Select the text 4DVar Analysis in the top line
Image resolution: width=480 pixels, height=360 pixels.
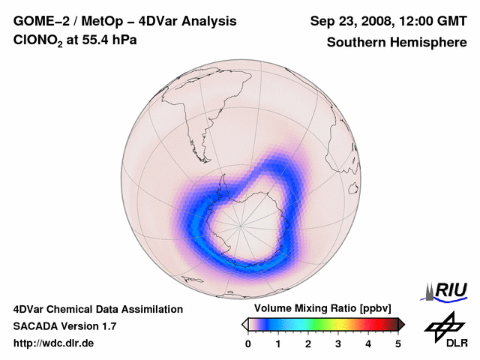click(187, 21)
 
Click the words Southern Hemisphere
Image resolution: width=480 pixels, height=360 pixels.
click(397, 42)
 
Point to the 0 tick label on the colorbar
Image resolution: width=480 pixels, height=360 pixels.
click(248, 343)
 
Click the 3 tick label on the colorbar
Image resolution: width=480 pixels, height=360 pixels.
click(338, 343)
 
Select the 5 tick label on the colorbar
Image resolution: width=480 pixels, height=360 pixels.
click(398, 343)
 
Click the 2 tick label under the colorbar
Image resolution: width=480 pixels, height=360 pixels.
click(308, 343)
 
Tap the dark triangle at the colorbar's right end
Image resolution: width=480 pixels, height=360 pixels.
click(401, 324)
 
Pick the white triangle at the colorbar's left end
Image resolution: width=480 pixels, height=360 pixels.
click(244, 324)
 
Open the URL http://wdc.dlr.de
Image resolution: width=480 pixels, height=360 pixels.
click(54, 343)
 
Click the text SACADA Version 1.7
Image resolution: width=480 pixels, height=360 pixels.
click(64, 326)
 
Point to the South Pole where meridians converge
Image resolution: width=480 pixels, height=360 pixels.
click(241, 223)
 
